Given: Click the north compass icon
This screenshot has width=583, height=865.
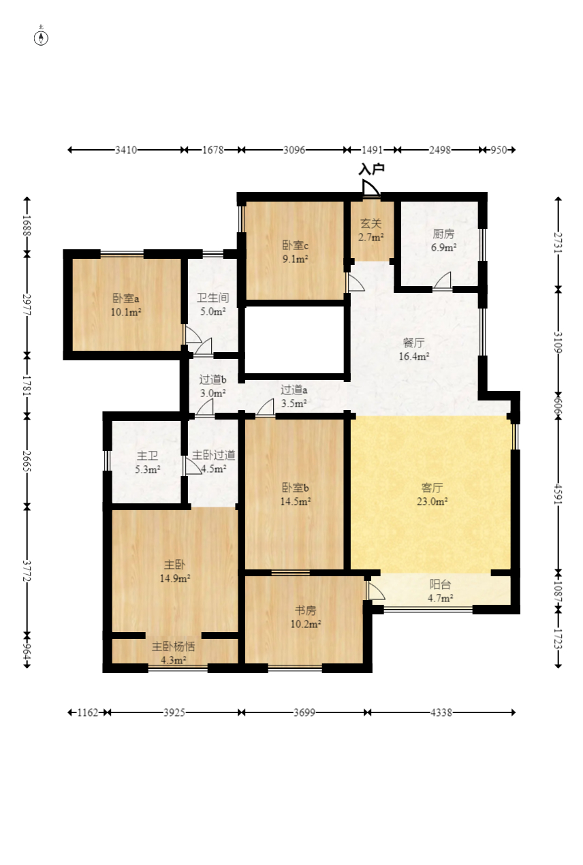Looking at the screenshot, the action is [41, 38].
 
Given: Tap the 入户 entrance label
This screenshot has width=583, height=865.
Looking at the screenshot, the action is [371, 169].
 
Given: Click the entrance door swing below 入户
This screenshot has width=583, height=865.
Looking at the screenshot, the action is [371, 189].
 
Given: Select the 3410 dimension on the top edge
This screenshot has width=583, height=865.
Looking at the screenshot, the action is [126, 150].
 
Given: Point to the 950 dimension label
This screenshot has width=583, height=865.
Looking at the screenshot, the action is [498, 150].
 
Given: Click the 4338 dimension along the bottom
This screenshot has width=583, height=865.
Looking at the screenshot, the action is [441, 712].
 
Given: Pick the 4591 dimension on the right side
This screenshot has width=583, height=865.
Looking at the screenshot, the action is [558, 493].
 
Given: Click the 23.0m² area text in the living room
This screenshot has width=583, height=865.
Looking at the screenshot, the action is [432, 501].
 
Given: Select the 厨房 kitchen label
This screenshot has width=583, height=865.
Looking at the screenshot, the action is [443, 234].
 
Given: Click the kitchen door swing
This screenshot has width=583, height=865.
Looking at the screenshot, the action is [443, 280].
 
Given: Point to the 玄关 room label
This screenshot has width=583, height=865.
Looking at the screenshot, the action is [371, 223].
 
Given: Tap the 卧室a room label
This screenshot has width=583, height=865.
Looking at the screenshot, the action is [126, 298].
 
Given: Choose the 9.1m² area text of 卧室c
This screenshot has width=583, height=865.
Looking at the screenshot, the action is [295, 259].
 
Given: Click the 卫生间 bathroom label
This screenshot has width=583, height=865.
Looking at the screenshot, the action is [212, 298].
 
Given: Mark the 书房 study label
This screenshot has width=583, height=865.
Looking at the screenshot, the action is [305, 610].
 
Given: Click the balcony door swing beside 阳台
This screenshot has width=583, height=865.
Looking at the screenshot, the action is [375, 591].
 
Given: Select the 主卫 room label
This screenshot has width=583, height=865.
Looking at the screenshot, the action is [148, 456].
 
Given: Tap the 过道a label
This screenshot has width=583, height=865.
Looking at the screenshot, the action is [294, 390].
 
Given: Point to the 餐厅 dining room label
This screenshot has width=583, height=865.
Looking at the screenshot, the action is [414, 343].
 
